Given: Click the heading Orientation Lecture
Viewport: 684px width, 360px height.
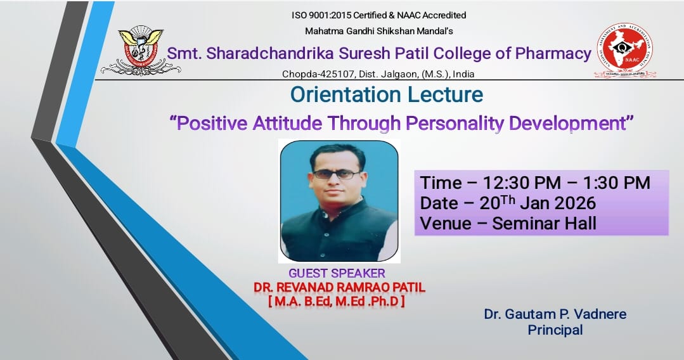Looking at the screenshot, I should [x=387, y=95].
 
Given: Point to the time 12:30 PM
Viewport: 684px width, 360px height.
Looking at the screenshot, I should [x=521, y=183].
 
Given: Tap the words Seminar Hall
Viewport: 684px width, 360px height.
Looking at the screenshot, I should [x=545, y=223].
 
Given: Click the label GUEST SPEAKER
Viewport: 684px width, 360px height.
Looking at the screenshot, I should [x=337, y=274].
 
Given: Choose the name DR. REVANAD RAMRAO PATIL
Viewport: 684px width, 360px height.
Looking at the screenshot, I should [x=339, y=288].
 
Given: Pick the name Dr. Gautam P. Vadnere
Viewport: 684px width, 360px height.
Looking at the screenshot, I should [x=555, y=314].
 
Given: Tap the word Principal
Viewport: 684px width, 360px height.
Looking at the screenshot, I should [x=555, y=330].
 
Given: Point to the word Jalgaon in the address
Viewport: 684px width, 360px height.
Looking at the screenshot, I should [x=399, y=74].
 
